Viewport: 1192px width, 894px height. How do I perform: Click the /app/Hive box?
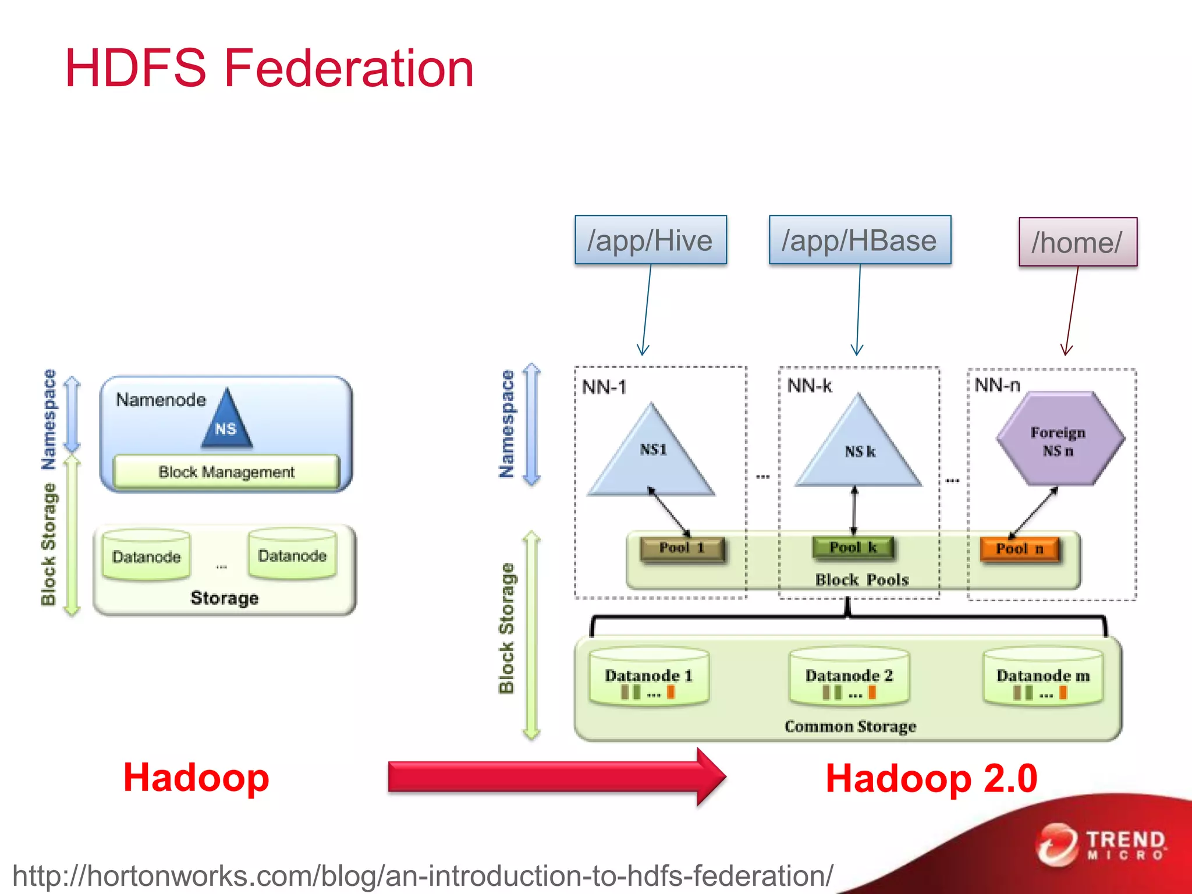click(650, 240)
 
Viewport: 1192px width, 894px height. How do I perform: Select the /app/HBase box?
click(860, 240)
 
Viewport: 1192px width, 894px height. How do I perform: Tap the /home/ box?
click(1077, 242)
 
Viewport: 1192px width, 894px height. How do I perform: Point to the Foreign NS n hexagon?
click(1059, 440)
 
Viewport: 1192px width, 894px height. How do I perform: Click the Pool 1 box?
click(682, 548)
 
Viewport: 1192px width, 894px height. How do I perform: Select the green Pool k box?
click(853, 548)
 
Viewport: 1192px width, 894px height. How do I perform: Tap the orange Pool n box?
click(1020, 549)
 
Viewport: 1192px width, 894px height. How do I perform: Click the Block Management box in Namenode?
click(226, 472)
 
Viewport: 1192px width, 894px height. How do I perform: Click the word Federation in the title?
click(349, 69)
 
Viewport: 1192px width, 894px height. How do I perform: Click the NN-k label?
click(810, 386)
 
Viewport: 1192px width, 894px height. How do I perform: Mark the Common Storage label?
click(850, 726)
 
